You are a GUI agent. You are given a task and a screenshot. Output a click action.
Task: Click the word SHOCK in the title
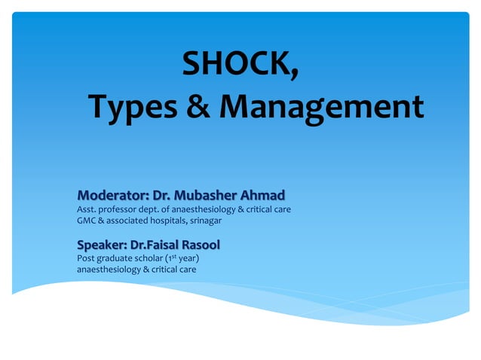pyautogui.click(x=236, y=66)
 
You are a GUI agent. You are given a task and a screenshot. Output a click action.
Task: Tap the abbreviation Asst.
pyautogui.click(x=87, y=209)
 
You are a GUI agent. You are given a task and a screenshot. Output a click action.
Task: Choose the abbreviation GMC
pyautogui.click(x=87, y=221)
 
